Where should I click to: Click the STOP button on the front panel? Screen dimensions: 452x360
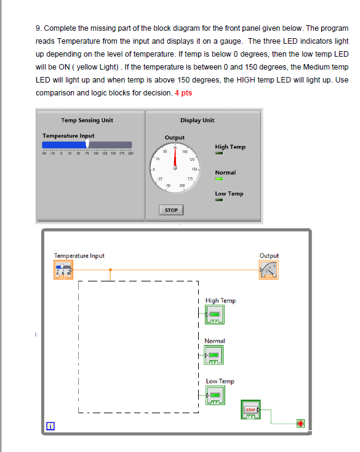(x=171, y=210)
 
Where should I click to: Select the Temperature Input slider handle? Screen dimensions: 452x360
(x=87, y=144)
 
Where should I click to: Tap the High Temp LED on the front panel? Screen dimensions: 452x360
(x=218, y=154)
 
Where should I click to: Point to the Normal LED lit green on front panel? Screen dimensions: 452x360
(x=218, y=179)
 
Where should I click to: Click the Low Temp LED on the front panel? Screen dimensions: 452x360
(x=218, y=200)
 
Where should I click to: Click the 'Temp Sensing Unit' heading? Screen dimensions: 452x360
(x=87, y=120)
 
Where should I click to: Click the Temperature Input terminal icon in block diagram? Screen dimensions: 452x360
(x=64, y=269)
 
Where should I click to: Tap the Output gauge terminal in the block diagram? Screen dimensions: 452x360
(x=269, y=269)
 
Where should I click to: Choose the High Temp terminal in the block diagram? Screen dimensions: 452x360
(x=215, y=315)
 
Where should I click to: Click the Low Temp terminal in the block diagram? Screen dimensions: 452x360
(x=215, y=395)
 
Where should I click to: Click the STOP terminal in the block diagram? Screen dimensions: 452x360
(x=250, y=411)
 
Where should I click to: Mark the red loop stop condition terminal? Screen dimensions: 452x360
(x=300, y=423)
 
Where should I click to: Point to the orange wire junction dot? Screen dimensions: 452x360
(x=110, y=269)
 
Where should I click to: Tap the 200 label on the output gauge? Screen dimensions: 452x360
(x=182, y=185)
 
